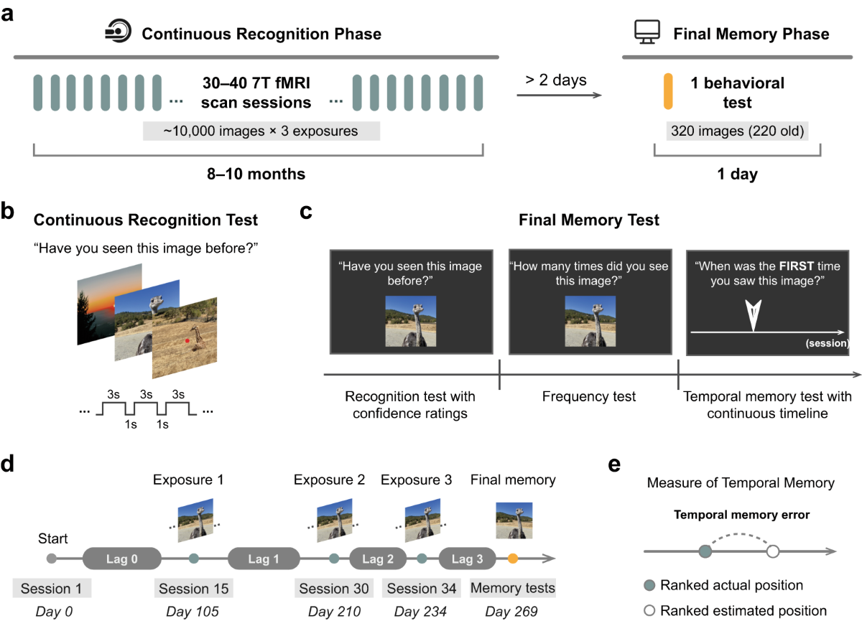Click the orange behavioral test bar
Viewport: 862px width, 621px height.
(x=667, y=92)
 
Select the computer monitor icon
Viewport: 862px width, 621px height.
(x=645, y=33)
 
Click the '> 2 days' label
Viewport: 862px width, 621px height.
(x=555, y=80)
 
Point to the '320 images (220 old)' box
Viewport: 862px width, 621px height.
(x=726, y=131)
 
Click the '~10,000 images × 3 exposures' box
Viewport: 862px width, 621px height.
(x=261, y=131)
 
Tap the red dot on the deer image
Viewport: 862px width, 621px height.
(x=187, y=340)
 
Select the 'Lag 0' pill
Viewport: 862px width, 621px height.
(x=122, y=558)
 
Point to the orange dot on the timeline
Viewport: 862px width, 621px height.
(x=513, y=558)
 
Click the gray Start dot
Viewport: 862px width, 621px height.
(x=51, y=558)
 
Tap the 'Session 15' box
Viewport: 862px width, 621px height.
(x=194, y=589)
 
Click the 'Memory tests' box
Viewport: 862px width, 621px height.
(x=513, y=589)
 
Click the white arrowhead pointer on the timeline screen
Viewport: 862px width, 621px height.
(x=751, y=314)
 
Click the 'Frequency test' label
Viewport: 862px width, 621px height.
(x=589, y=396)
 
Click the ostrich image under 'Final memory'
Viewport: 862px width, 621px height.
(x=513, y=520)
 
